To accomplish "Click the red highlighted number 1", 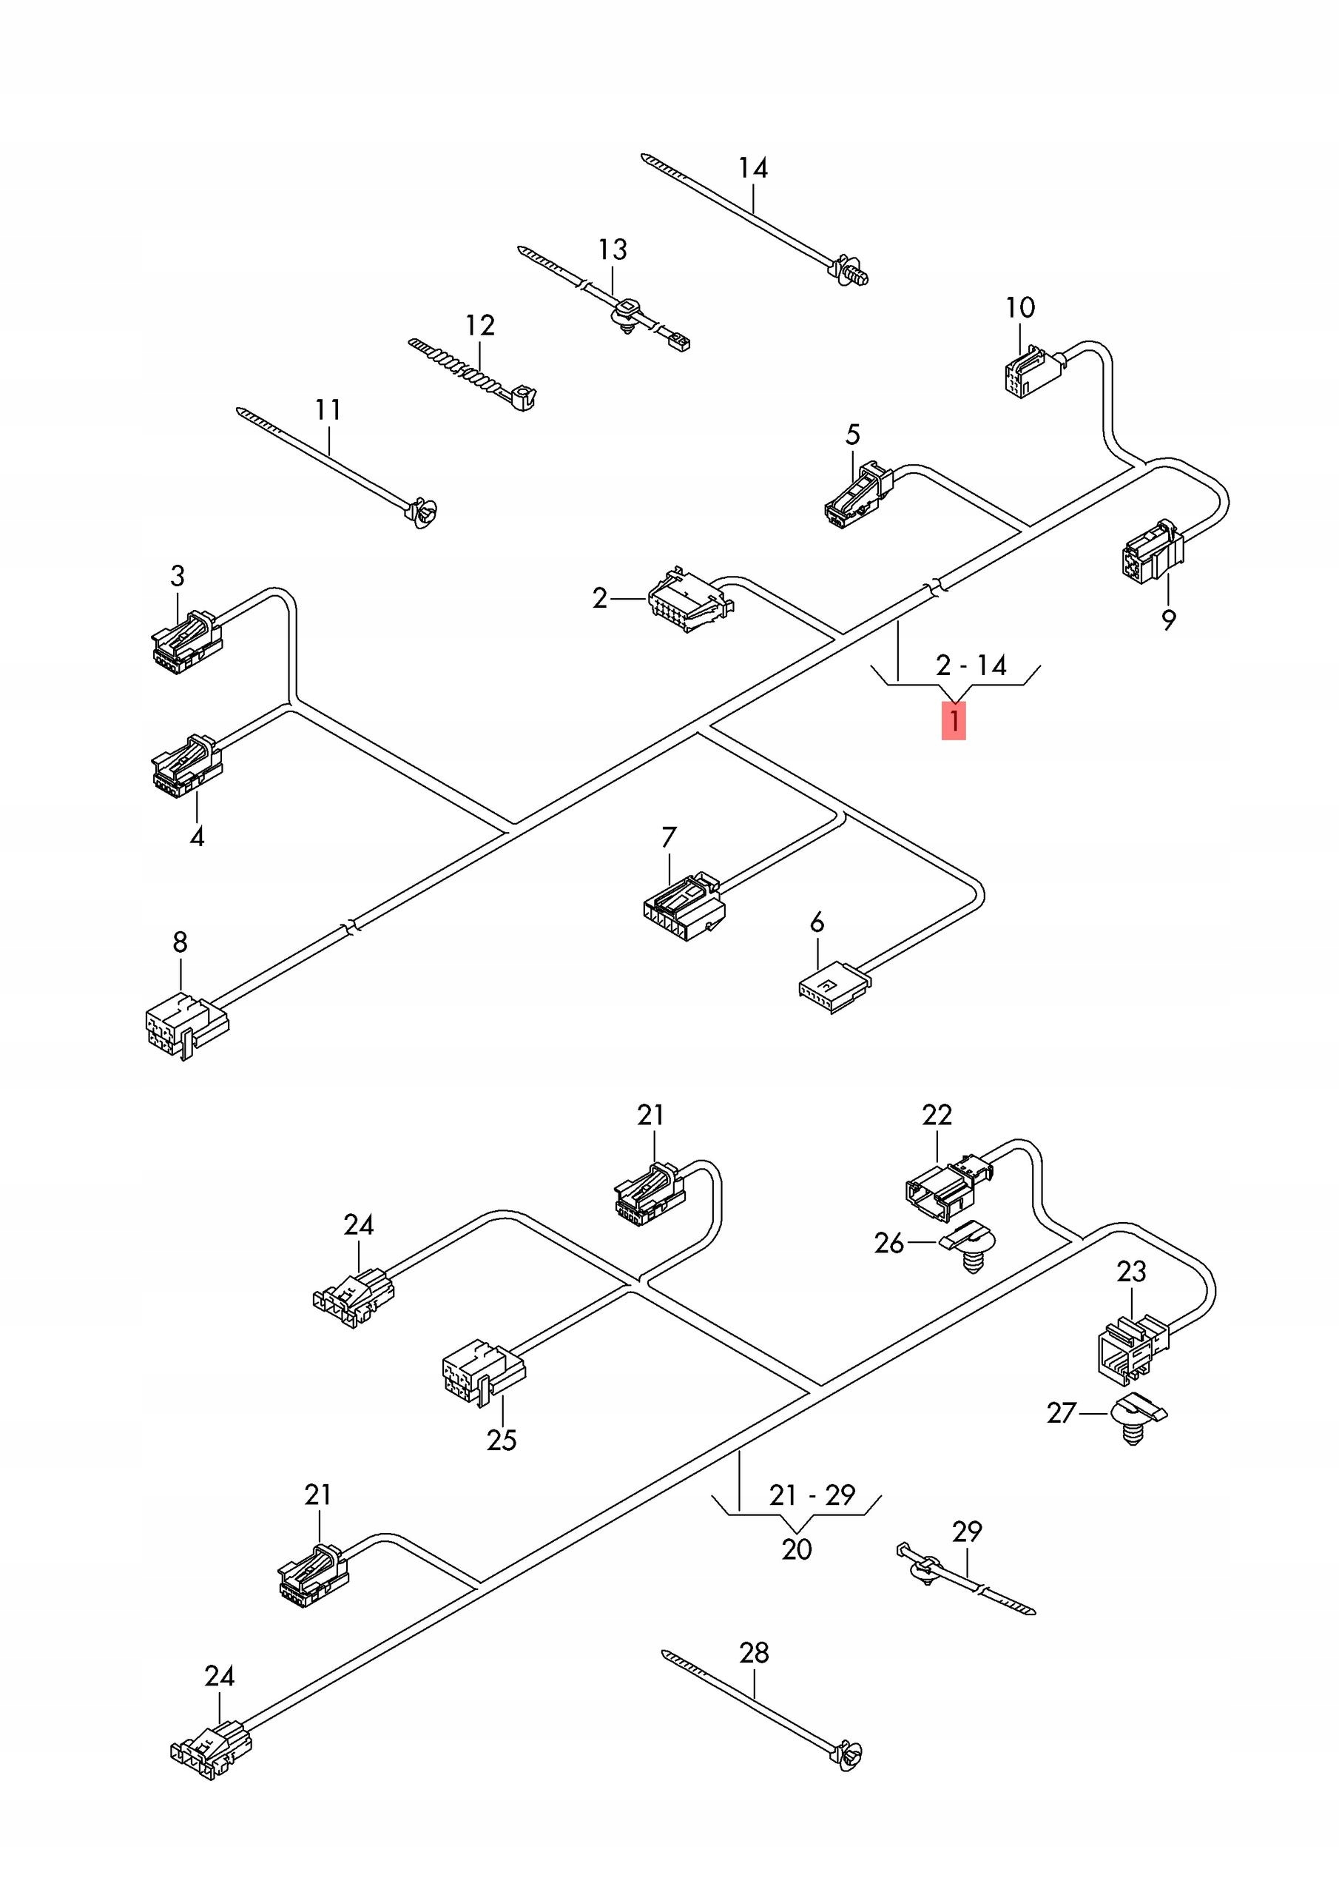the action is pyautogui.click(x=953, y=720).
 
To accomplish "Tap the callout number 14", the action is pyautogui.click(x=752, y=167).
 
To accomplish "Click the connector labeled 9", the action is pyautogui.click(x=1153, y=551).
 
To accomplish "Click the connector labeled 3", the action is pyautogui.click(x=187, y=642).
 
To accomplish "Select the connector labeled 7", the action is pyautogui.click(x=684, y=906).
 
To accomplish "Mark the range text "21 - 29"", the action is pyautogui.click(x=812, y=1495).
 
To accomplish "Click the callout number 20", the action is pyautogui.click(x=796, y=1549).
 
